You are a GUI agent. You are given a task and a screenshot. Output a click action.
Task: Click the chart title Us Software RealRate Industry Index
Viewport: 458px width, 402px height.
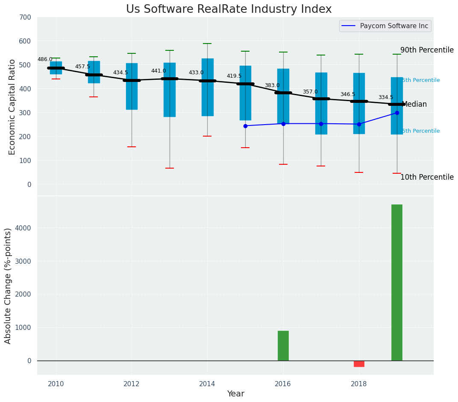229,9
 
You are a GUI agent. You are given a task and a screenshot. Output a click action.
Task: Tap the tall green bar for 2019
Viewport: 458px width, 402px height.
396,283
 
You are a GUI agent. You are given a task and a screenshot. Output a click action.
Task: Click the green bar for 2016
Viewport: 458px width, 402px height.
283,346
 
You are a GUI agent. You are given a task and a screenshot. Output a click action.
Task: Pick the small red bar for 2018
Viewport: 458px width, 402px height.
359,364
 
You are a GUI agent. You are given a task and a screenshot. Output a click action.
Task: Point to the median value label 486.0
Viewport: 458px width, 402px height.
45,59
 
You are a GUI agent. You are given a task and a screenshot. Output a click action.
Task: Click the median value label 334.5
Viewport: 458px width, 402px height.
385,97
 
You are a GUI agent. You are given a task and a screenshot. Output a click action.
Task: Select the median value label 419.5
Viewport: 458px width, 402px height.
234,76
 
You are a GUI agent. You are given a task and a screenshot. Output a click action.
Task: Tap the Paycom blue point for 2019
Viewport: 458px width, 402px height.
397,113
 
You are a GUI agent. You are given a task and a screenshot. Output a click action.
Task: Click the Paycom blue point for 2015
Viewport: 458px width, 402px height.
245,126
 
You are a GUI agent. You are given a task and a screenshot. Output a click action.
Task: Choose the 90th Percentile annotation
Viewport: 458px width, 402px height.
427,50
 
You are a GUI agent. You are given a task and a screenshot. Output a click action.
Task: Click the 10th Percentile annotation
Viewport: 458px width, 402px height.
427,177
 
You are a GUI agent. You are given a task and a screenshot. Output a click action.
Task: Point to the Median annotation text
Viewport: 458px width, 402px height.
414,104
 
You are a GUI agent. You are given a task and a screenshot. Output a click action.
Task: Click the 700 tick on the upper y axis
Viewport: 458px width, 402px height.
25,17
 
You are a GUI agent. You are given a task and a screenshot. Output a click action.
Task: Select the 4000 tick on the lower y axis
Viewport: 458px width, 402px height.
23,228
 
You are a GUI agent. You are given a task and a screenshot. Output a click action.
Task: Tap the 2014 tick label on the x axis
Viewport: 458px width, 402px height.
207,384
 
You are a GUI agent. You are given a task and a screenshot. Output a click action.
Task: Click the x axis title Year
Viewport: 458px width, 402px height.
235,394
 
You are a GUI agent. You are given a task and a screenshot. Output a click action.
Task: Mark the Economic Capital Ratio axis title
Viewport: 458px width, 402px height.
12,107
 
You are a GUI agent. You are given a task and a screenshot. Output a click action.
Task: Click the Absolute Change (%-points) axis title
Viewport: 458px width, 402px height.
8,285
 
